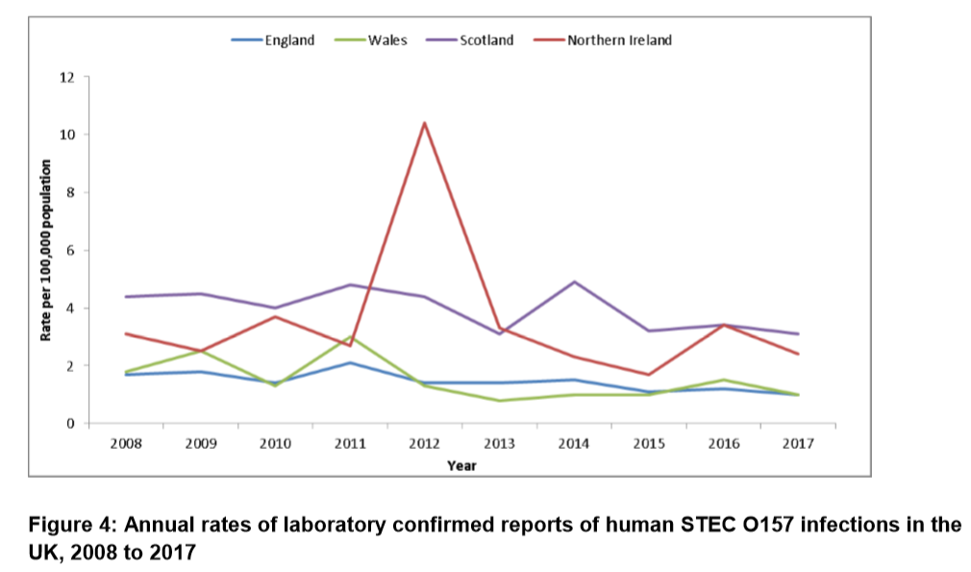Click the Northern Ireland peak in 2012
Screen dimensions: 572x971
click(x=424, y=123)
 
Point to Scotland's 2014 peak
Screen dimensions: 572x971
click(x=574, y=282)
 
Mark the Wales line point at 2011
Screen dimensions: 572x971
click(x=349, y=337)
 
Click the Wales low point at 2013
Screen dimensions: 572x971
click(x=499, y=401)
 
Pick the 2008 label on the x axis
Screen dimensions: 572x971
click(x=124, y=443)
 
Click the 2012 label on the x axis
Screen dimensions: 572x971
click(x=424, y=443)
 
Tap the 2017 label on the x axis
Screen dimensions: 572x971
click(x=799, y=443)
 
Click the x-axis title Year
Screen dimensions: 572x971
click(x=461, y=465)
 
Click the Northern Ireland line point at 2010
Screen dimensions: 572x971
click(x=274, y=316)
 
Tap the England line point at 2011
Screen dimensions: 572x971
click(x=349, y=362)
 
